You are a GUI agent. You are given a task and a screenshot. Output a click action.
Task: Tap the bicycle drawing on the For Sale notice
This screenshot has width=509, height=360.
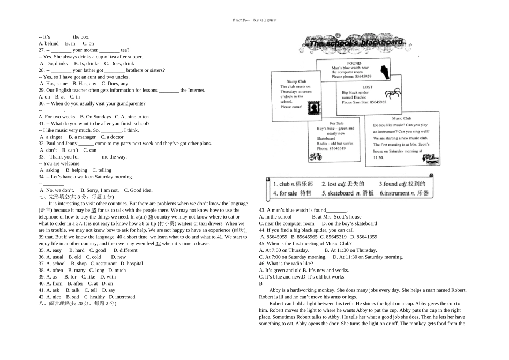point(316,156)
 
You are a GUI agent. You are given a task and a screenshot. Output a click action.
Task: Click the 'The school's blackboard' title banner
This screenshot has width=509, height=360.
point(356,42)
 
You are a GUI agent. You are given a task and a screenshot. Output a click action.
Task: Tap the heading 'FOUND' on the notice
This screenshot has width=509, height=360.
point(354,63)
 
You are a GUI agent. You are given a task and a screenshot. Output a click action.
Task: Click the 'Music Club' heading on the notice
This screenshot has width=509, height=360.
point(401,119)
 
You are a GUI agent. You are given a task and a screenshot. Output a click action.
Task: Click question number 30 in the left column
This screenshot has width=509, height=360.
point(41,103)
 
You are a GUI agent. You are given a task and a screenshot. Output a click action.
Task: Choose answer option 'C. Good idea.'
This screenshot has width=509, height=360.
point(138,190)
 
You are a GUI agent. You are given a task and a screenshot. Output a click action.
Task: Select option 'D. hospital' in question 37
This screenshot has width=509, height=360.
point(132,264)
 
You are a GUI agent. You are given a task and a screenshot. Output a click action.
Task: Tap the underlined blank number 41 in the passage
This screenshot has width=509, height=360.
point(220,237)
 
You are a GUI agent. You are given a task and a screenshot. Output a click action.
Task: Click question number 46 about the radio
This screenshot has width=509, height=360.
point(262,264)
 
